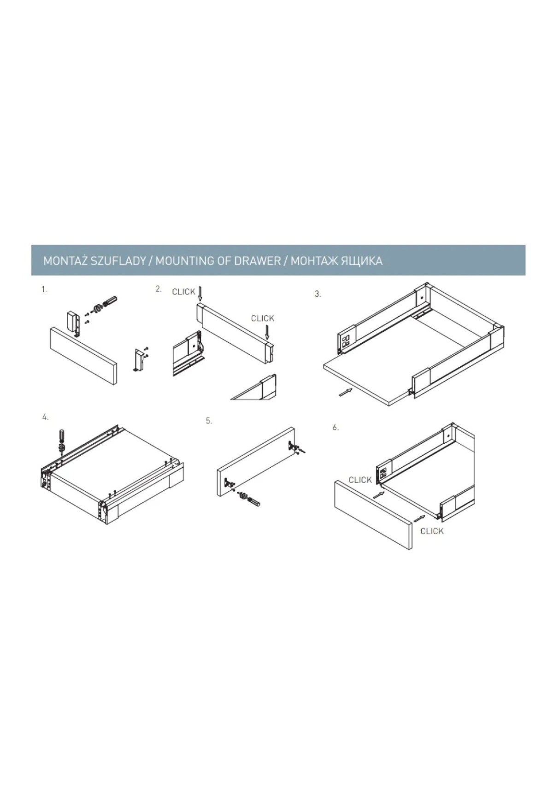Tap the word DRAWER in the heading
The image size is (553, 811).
257,261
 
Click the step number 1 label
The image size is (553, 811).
44,290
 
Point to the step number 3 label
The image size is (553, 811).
318,294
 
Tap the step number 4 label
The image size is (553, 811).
45,417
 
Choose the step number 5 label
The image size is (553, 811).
209,421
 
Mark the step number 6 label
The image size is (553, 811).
336,427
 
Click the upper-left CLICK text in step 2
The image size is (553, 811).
183,292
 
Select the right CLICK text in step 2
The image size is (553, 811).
263,318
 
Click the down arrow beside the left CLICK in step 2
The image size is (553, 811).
200,295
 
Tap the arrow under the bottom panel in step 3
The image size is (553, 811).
345,392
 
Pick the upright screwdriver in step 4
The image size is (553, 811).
61,441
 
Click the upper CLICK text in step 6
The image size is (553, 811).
360,480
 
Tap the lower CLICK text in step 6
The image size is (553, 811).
432,531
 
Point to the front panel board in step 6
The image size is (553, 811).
373,514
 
